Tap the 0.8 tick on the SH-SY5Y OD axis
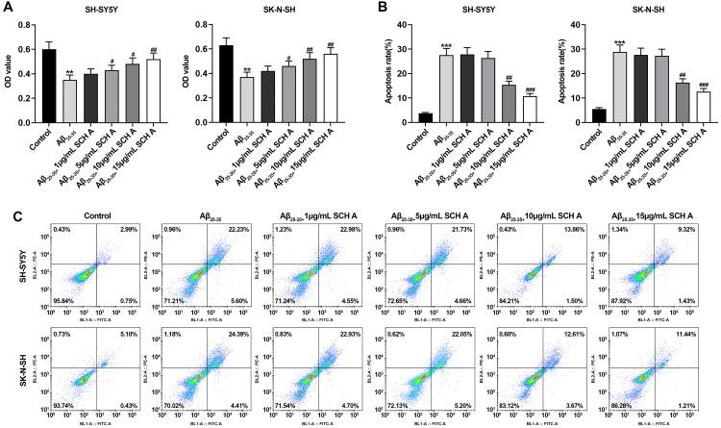[x=27, y=25]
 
